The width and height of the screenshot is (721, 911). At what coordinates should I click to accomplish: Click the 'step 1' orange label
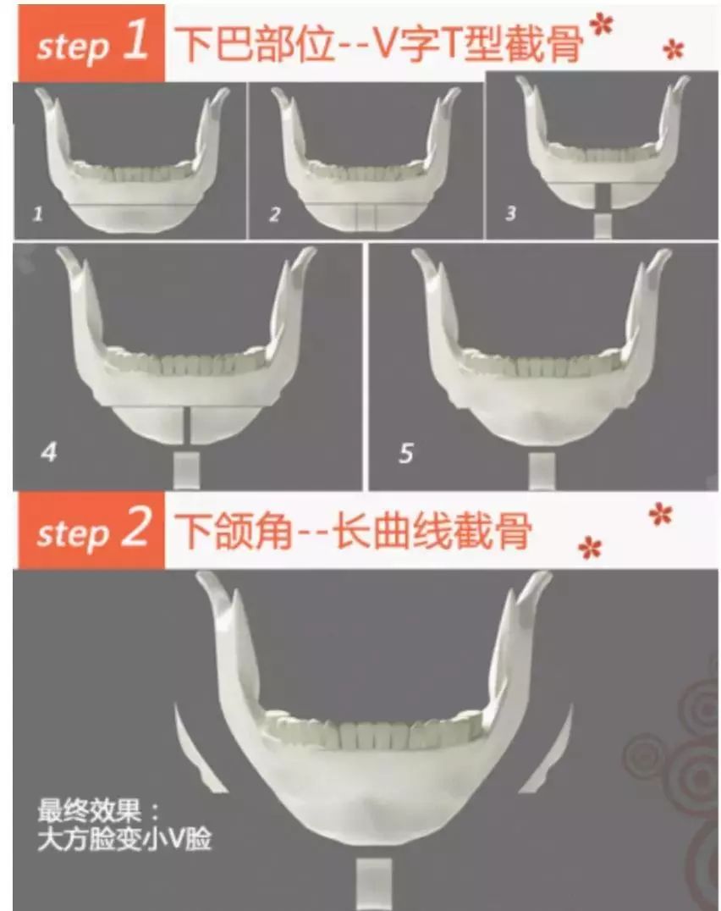coord(89,43)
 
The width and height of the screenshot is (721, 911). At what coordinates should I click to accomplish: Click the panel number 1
coord(36,215)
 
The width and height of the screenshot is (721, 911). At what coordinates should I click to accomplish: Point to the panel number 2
coord(274,215)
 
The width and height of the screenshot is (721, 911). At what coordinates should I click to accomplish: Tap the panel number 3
coord(510,213)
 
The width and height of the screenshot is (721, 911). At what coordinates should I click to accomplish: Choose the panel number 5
coord(406,455)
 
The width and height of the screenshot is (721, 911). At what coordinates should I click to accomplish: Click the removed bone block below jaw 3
coord(602,225)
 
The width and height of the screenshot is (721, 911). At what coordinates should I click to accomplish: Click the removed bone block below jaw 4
coord(185,469)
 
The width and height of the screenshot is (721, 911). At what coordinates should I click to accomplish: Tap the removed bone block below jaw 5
coord(542,470)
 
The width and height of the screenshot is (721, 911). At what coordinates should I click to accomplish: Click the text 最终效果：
coord(98,811)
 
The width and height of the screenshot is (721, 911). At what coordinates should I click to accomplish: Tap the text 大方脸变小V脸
coord(124,842)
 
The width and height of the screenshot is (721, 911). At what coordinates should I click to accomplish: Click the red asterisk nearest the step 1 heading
coord(602,26)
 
